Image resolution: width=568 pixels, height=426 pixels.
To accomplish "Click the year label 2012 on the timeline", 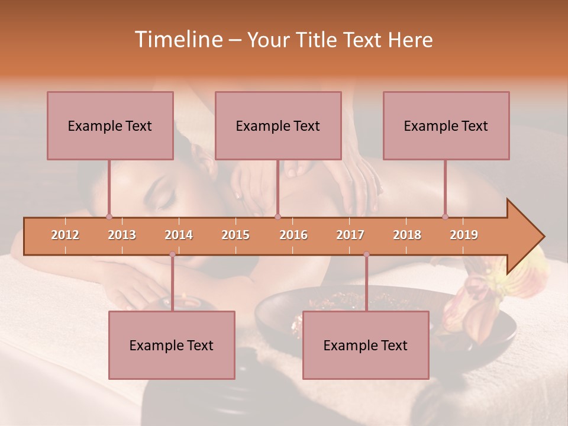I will click(65, 235).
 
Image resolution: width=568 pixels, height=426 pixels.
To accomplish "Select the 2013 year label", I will click(122, 235).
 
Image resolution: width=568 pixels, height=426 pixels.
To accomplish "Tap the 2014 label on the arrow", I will click(179, 235).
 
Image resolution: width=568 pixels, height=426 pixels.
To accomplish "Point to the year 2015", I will click(235, 235).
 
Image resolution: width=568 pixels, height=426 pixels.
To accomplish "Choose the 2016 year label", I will click(293, 235).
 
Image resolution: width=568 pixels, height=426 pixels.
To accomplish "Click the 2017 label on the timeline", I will click(350, 235).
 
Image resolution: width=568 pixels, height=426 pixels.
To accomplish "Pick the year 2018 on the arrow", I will click(407, 235).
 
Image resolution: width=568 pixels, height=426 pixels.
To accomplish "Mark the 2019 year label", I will click(464, 235).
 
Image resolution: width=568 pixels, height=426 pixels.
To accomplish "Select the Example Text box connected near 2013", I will click(110, 125).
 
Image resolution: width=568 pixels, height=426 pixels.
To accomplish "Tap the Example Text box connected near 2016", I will click(278, 125).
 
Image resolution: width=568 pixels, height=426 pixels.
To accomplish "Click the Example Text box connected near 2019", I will click(446, 125).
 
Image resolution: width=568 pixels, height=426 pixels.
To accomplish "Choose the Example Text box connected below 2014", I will click(172, 345).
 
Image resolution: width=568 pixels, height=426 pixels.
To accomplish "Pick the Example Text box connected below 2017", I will click(366, 345).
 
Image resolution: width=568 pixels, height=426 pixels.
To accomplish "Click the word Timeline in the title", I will click(177, 40).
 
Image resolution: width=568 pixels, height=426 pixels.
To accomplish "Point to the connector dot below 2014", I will click(172, 254).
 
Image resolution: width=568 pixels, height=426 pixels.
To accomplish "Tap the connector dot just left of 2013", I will click(109, 217).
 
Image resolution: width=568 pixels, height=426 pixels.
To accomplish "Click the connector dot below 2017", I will click(366, 254).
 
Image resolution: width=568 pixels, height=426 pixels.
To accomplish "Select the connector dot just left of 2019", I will click(445, 217).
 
